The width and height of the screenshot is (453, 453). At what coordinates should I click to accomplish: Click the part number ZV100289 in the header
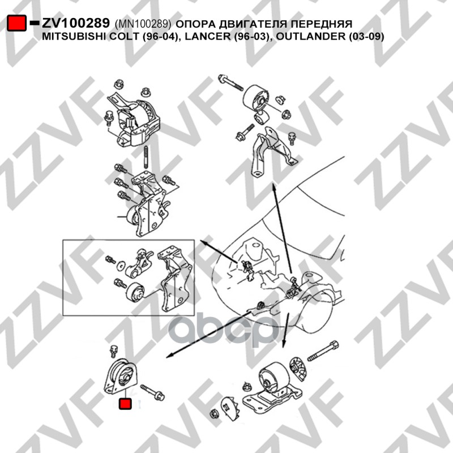click(76, 23)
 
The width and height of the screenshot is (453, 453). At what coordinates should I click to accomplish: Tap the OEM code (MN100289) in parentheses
click(143, 24)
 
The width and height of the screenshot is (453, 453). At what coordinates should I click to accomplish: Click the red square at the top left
click(17, 23)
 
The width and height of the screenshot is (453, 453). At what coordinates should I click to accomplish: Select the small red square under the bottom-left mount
click(125, 404)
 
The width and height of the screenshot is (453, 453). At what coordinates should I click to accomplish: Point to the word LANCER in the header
click(211, 36)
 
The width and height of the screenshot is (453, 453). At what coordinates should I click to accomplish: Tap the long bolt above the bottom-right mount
click(323, 351)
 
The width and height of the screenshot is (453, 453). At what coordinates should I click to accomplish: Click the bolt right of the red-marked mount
click(152, 392)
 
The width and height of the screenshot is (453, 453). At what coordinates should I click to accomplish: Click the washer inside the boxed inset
click(121, 266)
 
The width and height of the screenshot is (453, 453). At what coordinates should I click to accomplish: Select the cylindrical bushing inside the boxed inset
click(135, 293)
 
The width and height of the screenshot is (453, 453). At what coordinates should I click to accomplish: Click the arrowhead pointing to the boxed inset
click(203, 243)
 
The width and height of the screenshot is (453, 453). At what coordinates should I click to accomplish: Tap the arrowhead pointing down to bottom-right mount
click(284, 344)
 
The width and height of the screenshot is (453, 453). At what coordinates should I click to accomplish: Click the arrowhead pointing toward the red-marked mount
click(169, 356)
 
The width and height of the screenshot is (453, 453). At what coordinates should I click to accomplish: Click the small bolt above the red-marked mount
click(113, 351)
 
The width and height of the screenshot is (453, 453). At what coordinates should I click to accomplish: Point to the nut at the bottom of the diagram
click(214, 413)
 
